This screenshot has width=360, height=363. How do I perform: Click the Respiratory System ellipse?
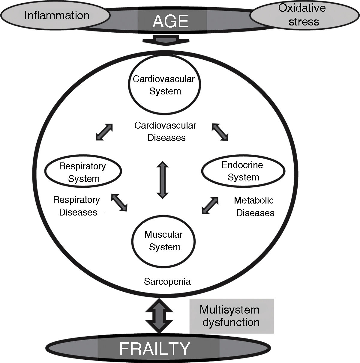[x=83, y=172]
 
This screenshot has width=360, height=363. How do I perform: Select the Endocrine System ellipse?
[x=243, y=171]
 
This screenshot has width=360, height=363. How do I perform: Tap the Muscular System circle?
[x=164, y=241]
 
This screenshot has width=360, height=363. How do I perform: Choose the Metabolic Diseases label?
[x=255, y=207]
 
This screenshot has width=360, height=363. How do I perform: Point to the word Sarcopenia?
[x=167, y=281]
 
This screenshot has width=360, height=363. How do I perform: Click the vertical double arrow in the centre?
[x=162, y=180]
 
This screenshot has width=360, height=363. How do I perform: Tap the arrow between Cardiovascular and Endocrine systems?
[x=220, y=132]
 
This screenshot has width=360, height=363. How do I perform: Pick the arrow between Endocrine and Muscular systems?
[x=210, y=205]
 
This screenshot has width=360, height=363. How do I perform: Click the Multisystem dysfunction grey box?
[x=231, y=316]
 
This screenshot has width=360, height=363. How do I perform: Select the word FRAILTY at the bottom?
[x=155, y=348]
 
